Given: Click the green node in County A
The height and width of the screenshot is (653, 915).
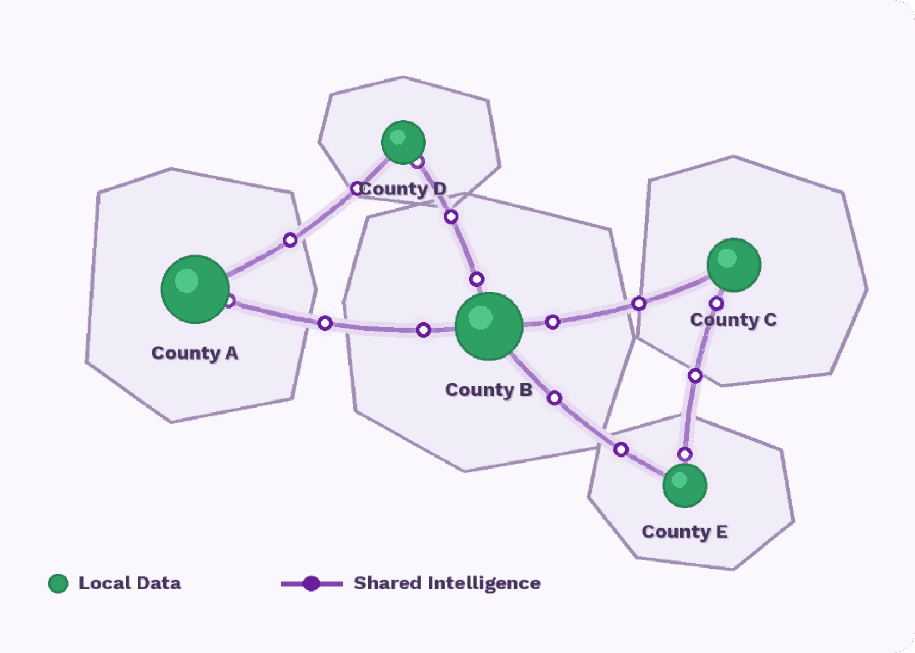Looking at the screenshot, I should click(x=195, y=289).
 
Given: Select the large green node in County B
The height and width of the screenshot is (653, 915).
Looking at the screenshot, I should click(x=489, y=326).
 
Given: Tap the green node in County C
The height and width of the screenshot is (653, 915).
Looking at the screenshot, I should click(x=733, y=265).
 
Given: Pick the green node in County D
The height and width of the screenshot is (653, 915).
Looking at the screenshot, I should click(x=403, y=143).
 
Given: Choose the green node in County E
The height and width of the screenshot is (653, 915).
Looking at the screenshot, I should click(x=684, y=485).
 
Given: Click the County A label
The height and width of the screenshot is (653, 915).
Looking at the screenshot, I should click(x=195, y=353).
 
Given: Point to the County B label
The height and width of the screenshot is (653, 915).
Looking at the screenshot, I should click(x=488, y=390).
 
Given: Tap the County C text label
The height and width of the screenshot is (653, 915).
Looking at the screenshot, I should click(x=733, y=320).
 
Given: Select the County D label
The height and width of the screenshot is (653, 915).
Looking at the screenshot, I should click(x=403, y=189).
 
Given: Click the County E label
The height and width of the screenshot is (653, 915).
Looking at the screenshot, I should click(x=684, y=532).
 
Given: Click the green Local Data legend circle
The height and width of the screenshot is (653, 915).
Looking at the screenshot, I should click(x=58, y=583).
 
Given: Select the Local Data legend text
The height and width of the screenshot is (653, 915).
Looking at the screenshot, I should click(x=129, y=583).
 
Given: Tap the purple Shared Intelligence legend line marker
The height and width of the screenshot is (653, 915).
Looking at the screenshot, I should click(x=312, y=583).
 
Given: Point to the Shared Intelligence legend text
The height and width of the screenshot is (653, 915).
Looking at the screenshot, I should click(x=447, y=583).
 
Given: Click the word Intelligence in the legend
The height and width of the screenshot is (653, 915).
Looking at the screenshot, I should click(x=484, y=583).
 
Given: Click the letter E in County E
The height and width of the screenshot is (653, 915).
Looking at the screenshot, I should click(x=721, y=532).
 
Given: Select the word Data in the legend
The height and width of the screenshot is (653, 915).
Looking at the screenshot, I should click(x=159, y=583).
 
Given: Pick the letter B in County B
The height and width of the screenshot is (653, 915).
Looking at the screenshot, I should click(x=526, y=390).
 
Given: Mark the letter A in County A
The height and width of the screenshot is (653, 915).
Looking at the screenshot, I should click(x=232, y=353).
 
